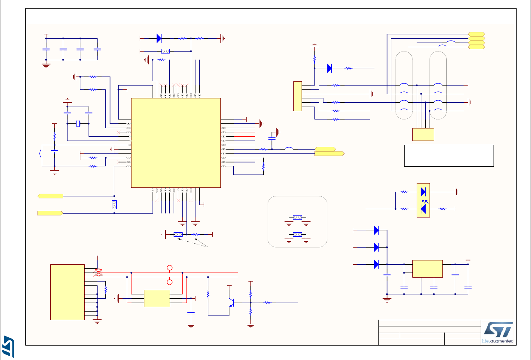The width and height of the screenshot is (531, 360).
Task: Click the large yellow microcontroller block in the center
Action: pyautogui.click(x=176, y=143)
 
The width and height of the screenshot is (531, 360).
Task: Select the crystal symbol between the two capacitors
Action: pyautogui.click(x=78, y=124)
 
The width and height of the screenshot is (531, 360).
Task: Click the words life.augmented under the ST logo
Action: pyautogui.click(x=497, y=341)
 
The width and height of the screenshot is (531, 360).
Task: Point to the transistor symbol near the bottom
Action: pyautogui.click(x=231, y=303)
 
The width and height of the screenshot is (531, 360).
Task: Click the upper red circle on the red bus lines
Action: pyautogui.click(x=169, y=268)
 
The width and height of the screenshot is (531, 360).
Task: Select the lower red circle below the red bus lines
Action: pyautogui.click(x=169, y=282)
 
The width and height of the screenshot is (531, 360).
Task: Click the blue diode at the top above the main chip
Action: pyautogui.click(x=159, y=38)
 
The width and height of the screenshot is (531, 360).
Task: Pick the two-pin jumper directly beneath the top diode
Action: pyautogui.click(x=165, y=51)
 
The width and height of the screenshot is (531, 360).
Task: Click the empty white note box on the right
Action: pyautogui.click(x=449, y=155)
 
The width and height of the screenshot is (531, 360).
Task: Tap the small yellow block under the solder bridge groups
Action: pyautogui.click(x=423, y=134)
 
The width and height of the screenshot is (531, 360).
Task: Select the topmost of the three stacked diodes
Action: pyautogui.click(x=376, y=230)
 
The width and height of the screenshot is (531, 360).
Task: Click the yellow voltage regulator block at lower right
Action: pyautogui.click(x=427, y=269)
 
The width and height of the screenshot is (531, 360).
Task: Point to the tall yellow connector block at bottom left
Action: pyautogui.click(x=67, y=292)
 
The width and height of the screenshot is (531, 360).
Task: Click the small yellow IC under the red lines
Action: pyautogui.click(x=157, y=298)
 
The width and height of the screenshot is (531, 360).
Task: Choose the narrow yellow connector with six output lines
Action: pyautogui.click(x=297, y=96)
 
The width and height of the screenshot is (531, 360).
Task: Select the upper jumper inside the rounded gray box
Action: pyautogui.click(x=297, y=217)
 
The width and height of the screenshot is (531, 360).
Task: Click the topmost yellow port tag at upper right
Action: pyautogui.click(x=476, y=34)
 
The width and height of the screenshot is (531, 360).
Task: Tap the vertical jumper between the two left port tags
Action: pyautogui.click(x=114, y=205)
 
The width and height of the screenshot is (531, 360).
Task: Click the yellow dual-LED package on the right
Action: pyautogui.click(x=423, y=200)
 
